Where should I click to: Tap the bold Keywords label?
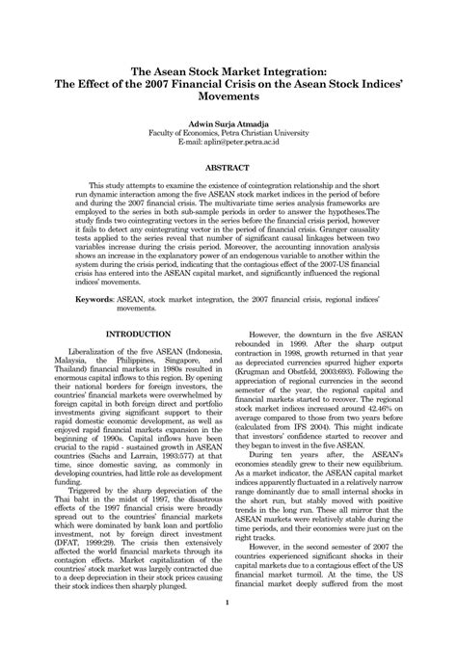coord(94,301)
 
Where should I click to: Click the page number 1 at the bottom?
coord(228,606)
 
